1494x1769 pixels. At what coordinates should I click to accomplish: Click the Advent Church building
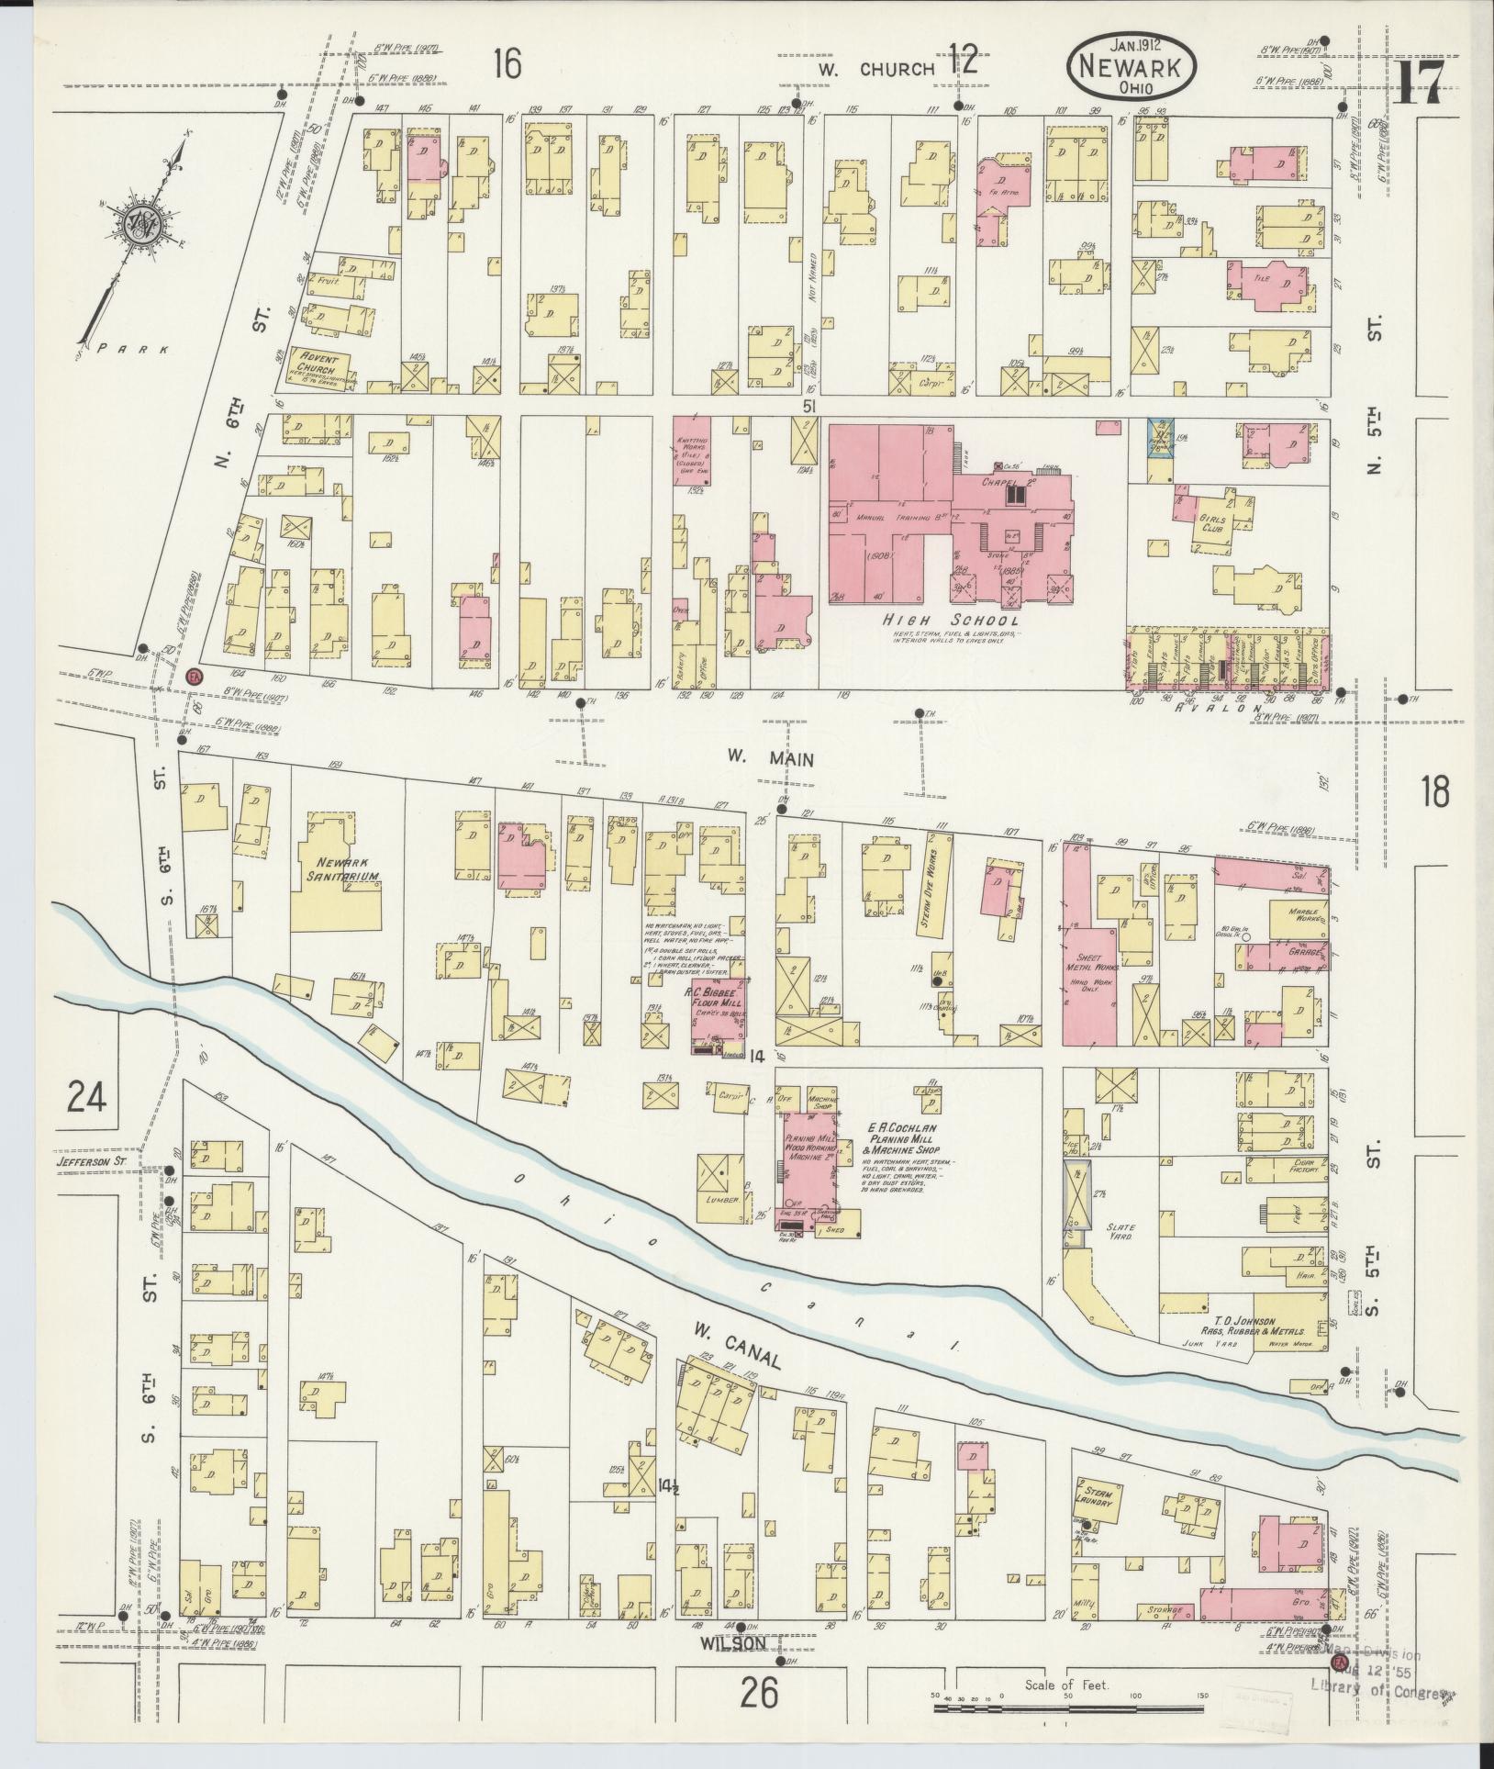315,367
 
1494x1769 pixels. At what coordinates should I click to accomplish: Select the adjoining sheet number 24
86,1096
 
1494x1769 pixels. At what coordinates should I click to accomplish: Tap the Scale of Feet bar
1067,1708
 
